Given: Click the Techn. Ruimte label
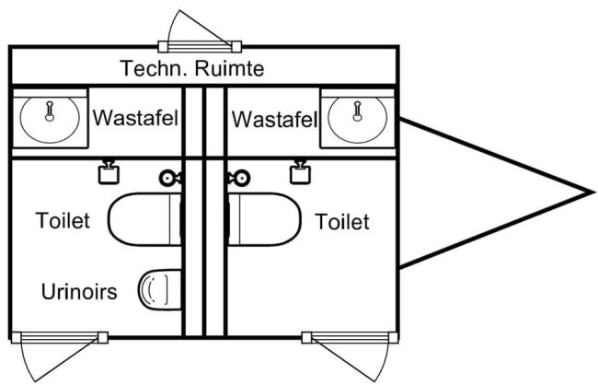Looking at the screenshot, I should pyautogui.click(x=193, y=68).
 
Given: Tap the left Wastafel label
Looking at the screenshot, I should pyautogui.click(x=135, y=119).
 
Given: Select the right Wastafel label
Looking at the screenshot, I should pyautogui.click(x=275, y=119).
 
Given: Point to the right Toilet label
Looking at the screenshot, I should pyautogui.click(x=341, y=221).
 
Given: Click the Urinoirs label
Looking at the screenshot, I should pyautogui.click(x=79, y=293).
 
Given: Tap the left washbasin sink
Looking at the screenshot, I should pyautogui.click(x=51, y=118).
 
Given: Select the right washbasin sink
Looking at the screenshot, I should pyautogui.click(x=357, y=118).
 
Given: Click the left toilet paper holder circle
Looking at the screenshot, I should pyautogui.click(x=168, y=178).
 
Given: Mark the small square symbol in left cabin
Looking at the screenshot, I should pyautogui.click(x=109, y=172).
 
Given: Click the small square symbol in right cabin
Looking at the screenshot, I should pyautogui.click(x=298, y=172).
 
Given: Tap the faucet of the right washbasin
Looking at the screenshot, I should pyautogui.click(x=357, y=111).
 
